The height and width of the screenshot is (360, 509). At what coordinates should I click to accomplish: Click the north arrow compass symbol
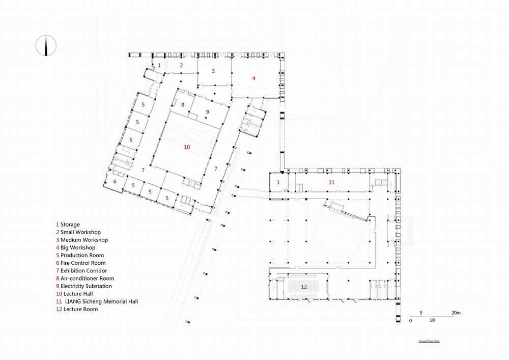point(46,45)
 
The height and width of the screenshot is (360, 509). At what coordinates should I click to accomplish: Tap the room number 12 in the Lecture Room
point(304,287)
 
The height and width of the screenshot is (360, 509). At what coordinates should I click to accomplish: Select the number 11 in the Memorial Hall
point(331,182)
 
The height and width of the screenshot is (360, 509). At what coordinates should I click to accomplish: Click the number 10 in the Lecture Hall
point(187,147)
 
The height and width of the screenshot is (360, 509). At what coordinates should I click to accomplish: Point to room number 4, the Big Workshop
point(253,78)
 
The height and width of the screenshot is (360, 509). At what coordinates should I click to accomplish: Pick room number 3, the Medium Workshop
point(213,71)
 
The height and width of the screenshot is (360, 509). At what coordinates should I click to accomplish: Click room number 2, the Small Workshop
point(181,65)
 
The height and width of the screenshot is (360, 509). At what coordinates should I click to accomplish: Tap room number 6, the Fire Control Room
point(115,182)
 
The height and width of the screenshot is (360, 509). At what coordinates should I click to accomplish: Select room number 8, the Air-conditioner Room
point(183,105)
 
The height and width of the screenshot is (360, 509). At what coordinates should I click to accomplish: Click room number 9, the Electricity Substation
point(207,112)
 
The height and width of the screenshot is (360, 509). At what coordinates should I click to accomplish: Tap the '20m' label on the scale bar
point(456,312)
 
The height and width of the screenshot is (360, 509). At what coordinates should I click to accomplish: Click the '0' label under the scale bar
point(411,321)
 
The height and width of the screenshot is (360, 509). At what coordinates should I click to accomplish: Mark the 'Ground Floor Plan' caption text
point(429,341)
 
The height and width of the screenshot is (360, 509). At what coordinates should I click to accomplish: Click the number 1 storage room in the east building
point(278,182)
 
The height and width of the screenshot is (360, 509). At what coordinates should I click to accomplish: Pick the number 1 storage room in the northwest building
point(159,65)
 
